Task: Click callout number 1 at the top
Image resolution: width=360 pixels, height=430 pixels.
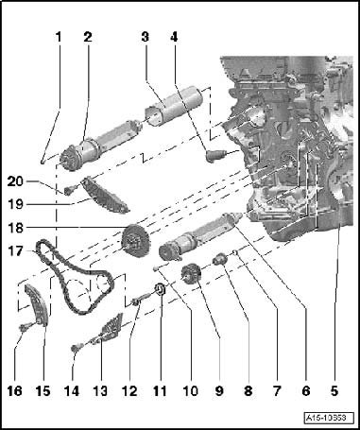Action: pos(59,37)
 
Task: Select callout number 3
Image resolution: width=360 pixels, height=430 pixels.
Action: pos(145,37)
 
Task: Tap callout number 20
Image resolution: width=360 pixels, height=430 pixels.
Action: pos(15,181)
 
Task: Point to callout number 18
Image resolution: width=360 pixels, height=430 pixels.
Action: pos(16,228)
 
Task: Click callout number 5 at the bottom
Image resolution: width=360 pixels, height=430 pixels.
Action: pos(334,391)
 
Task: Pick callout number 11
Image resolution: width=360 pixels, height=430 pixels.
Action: pos(160,391)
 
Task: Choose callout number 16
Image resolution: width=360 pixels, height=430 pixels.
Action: pos(15,391)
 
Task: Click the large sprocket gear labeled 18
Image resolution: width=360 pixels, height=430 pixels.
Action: pos(136,240)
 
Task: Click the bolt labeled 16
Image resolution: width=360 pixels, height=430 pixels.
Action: pos(24,328)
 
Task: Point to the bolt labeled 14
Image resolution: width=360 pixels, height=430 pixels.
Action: pos(77,348)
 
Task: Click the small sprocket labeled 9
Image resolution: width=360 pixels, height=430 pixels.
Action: pos(191,274)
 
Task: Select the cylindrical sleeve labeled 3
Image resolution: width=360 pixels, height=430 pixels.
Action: pos(174,105)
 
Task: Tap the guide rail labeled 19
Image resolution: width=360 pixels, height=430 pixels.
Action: pos(105,195)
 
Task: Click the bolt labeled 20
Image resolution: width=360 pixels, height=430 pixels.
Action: pos(70,189)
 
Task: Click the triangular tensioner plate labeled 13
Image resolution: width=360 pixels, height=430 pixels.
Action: pos(109,327)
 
